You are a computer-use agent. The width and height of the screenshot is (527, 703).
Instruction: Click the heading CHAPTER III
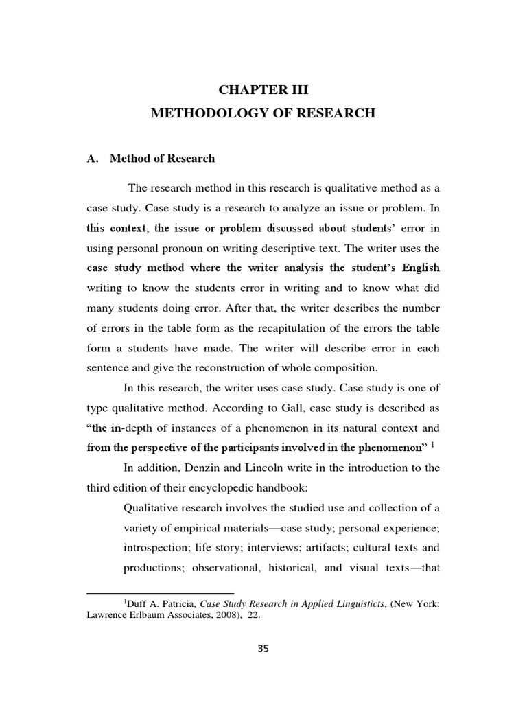(x=263, y=90)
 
